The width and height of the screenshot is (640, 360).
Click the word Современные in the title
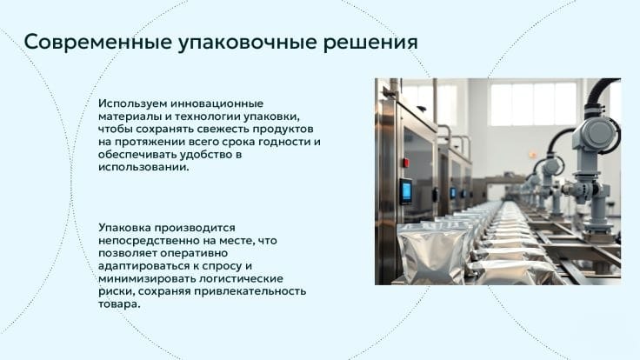coord(97,43)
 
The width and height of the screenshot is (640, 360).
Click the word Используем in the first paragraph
coord(132,103)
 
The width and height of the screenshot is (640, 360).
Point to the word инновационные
coord(217,103)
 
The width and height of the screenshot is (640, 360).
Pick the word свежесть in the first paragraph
coord(223,129)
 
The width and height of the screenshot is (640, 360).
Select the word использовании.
coord(143,167)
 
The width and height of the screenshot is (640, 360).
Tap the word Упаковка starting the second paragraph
coord(124,227)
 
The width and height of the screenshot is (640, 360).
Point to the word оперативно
coord(194,253)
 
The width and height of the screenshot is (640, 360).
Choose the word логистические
coord(241,279)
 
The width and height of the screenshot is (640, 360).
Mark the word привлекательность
coord(250,291)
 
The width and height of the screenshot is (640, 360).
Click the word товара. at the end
coord(119,304)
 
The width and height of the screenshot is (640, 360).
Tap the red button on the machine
coord(406,163)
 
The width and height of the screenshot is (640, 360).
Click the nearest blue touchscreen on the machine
coord(406,190)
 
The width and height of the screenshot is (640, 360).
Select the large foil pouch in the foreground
coord(433,254)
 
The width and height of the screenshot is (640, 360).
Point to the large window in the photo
coord(533,104)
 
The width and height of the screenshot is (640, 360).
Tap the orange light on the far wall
coord(533,154)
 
